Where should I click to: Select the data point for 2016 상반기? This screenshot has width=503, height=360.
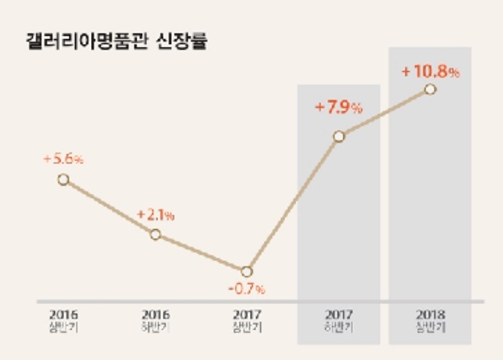[x=63, y=179]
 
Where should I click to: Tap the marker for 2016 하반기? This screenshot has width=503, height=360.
[x=156, y=234]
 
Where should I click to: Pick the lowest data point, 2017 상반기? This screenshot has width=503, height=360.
[x=247, y=271]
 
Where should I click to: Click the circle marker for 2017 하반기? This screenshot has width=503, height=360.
[x=339, y=136]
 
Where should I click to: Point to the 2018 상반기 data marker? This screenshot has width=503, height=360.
[x=430, y=89]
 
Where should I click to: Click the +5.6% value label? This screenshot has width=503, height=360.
[x=63, y=159]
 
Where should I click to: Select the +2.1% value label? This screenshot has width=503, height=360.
[x=156, y=215]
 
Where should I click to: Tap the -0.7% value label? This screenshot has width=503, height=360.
[x=248, y=288]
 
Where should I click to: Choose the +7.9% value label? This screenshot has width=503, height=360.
[x=339, y=108]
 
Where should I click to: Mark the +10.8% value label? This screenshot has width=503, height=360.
[x=430, y=72]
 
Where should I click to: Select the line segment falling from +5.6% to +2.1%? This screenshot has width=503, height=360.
[x=109, y=207]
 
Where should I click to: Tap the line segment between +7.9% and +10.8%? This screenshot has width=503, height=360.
[x=385, y=113]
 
